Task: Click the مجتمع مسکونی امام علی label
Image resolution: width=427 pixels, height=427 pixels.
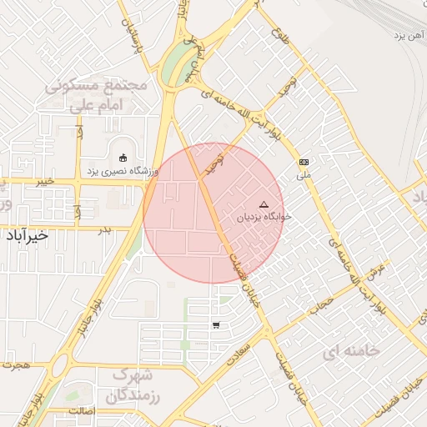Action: (x=97, y=96)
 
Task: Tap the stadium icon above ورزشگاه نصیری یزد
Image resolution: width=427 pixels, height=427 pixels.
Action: (x=124, y=157)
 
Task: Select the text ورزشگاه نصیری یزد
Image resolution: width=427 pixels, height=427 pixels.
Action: (x=123, y=171)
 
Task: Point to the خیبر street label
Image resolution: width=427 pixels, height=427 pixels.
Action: (x=44, y=180)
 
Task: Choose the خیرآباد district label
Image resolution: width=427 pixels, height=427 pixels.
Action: (x=26, y=235)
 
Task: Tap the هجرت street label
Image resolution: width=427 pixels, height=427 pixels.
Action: (x=16, y=365)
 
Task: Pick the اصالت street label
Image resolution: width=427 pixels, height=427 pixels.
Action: (x=84, y=412)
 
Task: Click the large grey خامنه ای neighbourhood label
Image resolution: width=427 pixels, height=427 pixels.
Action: (x=351, y=351)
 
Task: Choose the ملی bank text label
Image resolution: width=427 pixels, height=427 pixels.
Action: (x=304, y=176)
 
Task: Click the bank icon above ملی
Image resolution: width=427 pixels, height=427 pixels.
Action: (x=304, y=163)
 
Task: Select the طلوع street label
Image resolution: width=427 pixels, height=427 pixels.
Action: (x=279, y=37)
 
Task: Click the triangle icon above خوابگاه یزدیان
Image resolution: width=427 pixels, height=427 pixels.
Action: (x=264, y=204)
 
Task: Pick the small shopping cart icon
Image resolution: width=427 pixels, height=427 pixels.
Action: (x=216, y=325)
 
